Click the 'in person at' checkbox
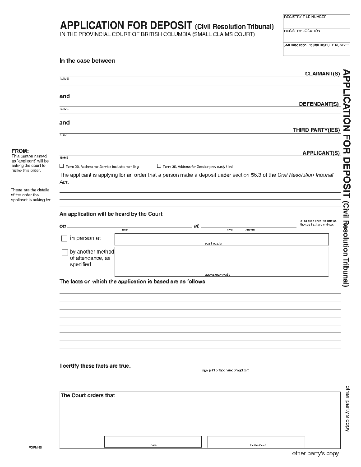pyautogui.click(x=64, y=239)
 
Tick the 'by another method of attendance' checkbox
pyautogui.click(x=65, y=252)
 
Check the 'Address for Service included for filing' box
pyautogui.click(x=62, y=166)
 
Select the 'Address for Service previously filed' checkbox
pyautogui.click(x=159, y=166)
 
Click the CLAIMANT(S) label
pyautogui.click(x=322, y=74)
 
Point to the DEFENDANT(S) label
pyautogui.click(x=319, y=104)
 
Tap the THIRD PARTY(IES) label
pyautogui.click(x=316, y=130)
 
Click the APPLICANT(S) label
pyautogui.click(x=321, y=153)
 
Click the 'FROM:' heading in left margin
pyautogui.click(x=20, y=151)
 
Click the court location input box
pyautogui.click(x=222, y=239)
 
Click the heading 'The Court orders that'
pyautogui.click(x=88, y=396)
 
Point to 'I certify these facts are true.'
pyautogui.click(x=95, y=366)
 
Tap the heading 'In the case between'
pyautogui.click(x=87, y=61)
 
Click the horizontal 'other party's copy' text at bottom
pyautogui.click(x=315, y=453)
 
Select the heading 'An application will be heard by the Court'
pyautogui.click(x=111, y=214)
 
